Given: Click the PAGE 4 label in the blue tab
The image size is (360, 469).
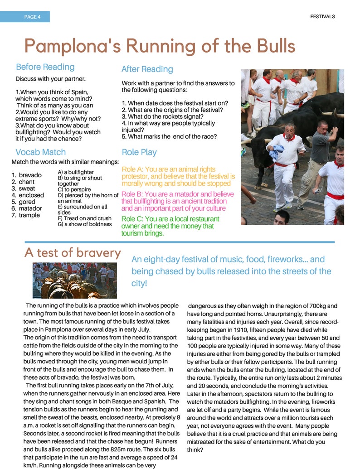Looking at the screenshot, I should pyautogui.click(x=32, y=17).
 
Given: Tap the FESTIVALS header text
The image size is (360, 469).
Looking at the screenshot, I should pyautogui.click(x=322, y=16).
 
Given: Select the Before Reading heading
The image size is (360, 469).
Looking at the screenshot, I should pyautogui.click(x=45, y=67).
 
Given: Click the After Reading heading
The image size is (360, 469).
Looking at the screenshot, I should pyautogui.click(x=147, y=69).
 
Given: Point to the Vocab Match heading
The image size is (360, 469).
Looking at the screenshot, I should pyautogui.click(x=40, y=152).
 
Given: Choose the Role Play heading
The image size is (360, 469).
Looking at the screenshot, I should pyautogui.click(x=139, y=152).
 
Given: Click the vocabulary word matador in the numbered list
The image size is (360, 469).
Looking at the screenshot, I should pyautogui.click(x=30, y=208).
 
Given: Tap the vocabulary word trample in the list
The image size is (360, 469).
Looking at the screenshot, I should pyautogui.click(x=29, y=215).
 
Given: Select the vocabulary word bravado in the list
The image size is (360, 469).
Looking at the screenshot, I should pyautogui.click(x=30, y=175).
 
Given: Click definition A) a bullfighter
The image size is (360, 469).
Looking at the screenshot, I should pyautogui.click(x=76, y=172).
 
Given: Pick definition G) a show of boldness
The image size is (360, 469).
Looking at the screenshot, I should pyautogui.click(x=85, y=224).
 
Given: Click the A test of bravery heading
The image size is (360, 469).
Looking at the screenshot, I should pyautogui.click(x=73, y=252).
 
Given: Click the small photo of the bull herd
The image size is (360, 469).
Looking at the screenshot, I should pyautogui.click(x=74, y=280).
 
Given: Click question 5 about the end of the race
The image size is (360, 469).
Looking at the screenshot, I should pyautogui.click(x=169, y=136).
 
